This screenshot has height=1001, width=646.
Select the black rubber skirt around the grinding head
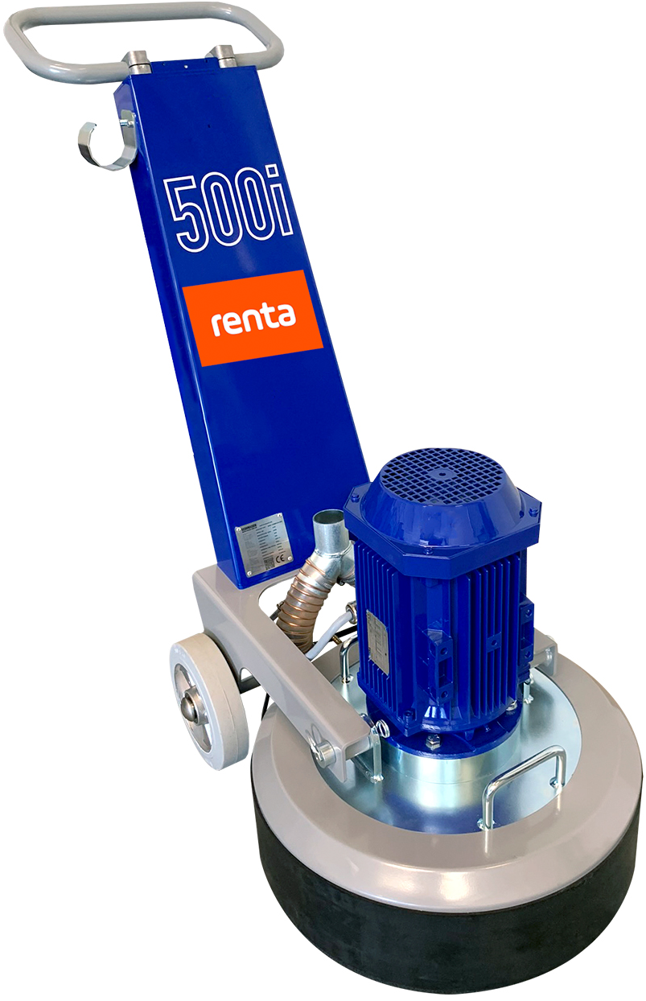tap(451, 925)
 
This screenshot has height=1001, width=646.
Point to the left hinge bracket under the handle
tap(137, 60)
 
